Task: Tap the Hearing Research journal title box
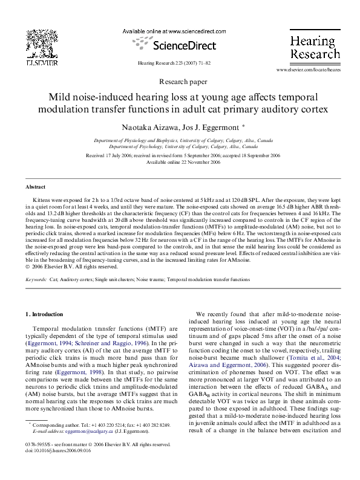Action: (314, 46)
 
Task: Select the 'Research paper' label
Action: (182, 81)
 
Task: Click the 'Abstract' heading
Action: (35, 187)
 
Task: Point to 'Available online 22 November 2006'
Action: (183, 162)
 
